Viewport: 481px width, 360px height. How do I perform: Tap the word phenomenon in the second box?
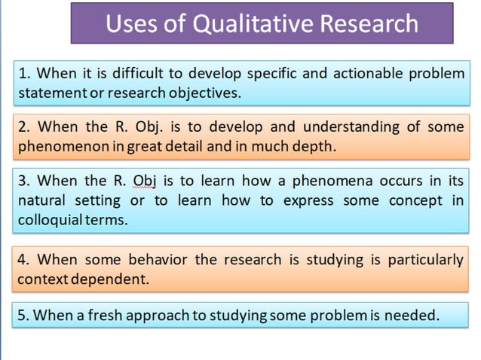(58, 146)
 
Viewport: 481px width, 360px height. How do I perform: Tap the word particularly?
(425, 260)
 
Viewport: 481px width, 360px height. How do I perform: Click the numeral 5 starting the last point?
(23, 315)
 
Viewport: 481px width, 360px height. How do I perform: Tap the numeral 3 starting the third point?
(23, 181)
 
